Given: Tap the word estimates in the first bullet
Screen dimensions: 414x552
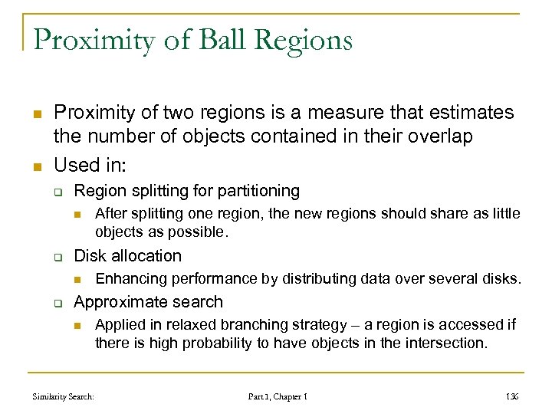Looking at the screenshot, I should tap(469, 113).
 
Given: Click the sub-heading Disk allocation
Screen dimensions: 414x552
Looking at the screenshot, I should tap(127, 256).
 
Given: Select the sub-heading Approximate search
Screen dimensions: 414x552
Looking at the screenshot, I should tap(148, 302).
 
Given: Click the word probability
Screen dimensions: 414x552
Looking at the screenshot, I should tap(207, 343).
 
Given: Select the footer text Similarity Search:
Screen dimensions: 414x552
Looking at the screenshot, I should tap(64, 397).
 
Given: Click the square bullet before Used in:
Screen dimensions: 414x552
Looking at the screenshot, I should tap(37, 166).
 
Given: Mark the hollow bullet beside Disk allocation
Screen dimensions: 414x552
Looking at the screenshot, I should tap(58, 257).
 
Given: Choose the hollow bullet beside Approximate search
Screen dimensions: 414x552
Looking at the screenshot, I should tap(58, 303).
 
